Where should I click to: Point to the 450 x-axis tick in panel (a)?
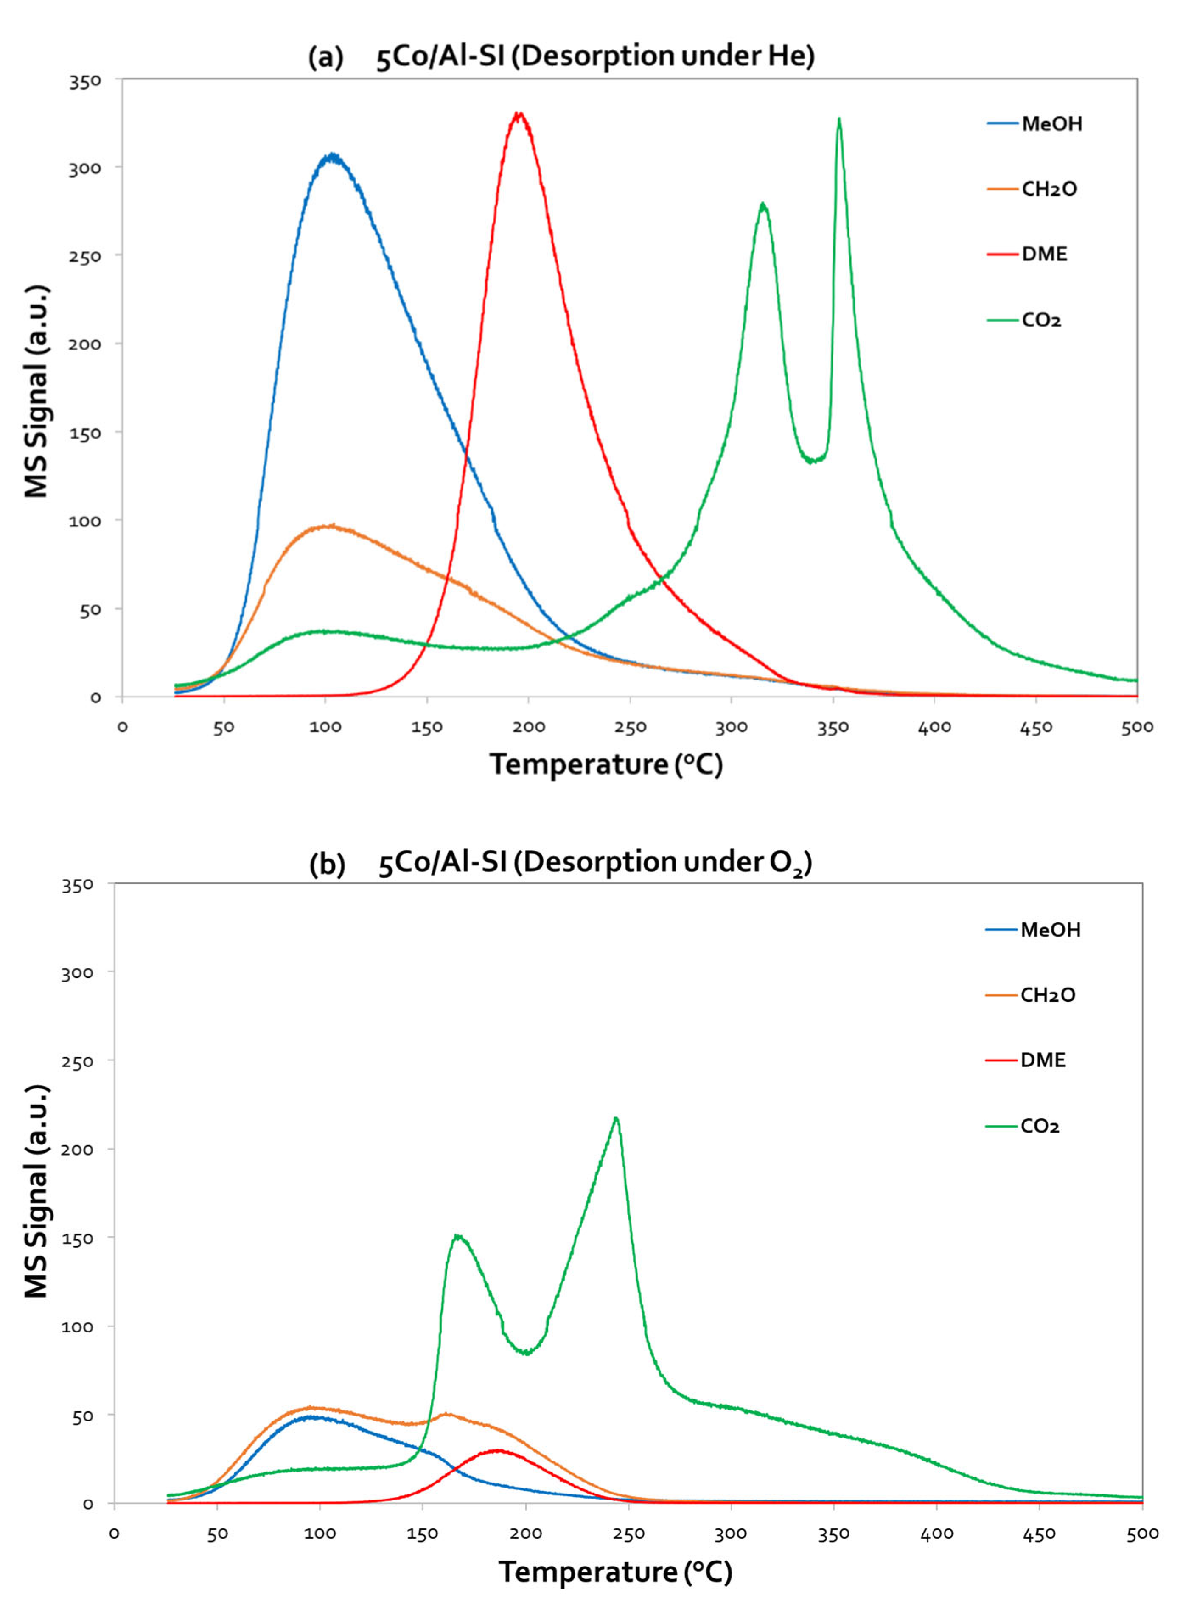(1035, 728)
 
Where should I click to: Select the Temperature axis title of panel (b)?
(616, 1572)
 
